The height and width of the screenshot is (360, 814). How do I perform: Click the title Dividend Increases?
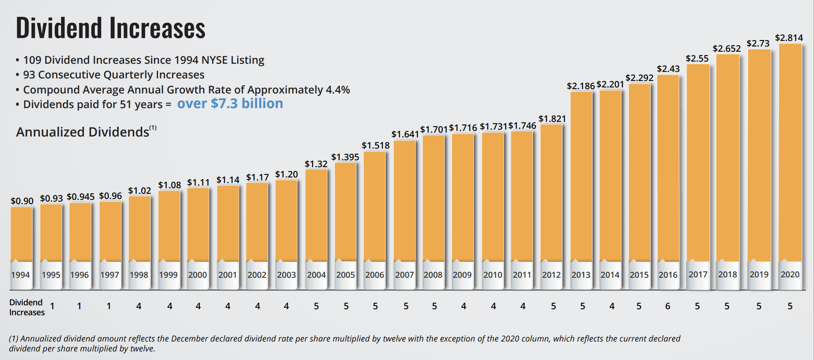coord(111,28)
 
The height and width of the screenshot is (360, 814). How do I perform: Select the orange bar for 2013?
coord(581,177)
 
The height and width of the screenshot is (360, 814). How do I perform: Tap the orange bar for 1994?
coord(22,235)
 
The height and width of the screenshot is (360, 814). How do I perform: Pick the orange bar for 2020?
coord(790,153)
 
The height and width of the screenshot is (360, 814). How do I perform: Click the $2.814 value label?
coord(789,38)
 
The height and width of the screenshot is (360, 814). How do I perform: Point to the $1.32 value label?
coord(316,164)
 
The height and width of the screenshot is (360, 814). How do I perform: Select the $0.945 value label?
coord(81,197)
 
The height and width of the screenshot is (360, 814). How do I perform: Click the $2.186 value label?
coord(581,86)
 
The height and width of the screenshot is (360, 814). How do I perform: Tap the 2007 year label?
coord(404,275)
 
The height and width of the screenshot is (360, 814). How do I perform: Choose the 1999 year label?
coord(168,275)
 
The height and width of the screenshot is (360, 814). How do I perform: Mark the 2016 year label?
coord(668,275)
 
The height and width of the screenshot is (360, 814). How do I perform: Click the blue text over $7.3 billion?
coord(230,104)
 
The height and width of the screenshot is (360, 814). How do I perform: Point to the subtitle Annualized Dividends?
coord(83,132)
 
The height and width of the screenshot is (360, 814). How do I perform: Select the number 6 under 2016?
coord(668,306)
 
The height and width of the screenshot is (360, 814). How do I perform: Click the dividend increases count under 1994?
coord(52,306)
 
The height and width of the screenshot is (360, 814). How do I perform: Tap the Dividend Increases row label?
coord(27,307)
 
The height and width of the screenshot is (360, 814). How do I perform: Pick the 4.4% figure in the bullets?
coord(338,90)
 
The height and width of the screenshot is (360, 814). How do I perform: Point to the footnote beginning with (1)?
coord(345,344)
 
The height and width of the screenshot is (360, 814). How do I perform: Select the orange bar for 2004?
coord(316,215)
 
